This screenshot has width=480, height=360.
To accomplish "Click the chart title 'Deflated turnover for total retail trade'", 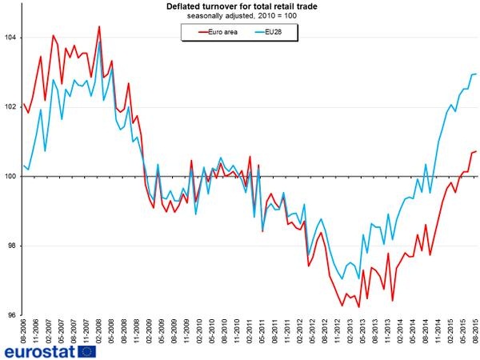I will [240, 6].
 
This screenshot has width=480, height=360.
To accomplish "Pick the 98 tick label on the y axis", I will [13, 246].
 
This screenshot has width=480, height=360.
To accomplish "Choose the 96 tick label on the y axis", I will [13, 315].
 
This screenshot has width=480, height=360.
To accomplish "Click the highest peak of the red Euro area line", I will [99, 26].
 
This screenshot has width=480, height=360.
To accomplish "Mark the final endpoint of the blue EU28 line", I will [477, 74].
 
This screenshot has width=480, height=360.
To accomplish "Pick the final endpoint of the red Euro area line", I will [477, 151].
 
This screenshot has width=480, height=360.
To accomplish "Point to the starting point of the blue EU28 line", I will [24, 166].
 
